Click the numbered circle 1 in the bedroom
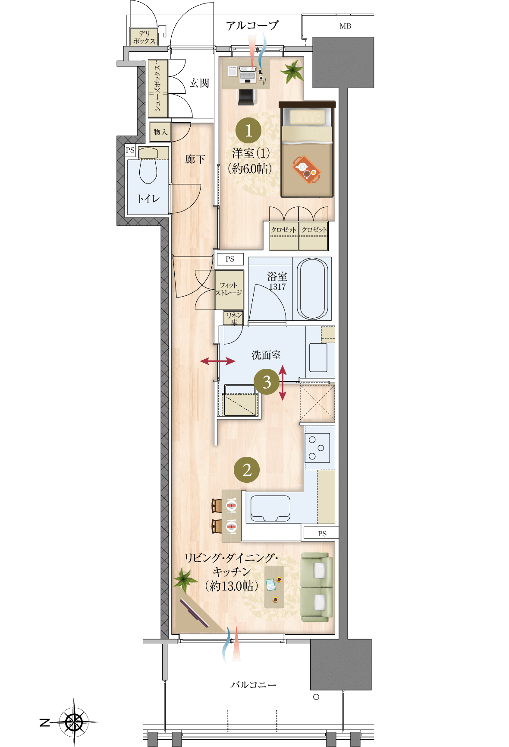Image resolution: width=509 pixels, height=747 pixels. [248, 130]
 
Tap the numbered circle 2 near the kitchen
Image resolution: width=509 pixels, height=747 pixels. [247, 470]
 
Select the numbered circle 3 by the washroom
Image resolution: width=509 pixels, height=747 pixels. [267, 382]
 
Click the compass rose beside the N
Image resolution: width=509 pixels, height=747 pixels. [74, 722]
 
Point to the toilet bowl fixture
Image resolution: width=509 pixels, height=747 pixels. [148, 166]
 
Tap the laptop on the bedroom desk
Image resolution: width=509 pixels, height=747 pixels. [248, 75]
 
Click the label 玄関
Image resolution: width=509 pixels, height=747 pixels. [199, 83]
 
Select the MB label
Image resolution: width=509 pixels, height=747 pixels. [345, 26]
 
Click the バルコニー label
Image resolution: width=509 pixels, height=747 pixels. [253, 685]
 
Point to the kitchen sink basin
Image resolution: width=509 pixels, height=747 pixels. [270, 508]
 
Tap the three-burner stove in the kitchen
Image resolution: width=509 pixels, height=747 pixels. [317, 447]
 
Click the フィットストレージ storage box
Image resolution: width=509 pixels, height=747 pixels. [229, 289]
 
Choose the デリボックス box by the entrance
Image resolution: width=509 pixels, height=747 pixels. [144, 37]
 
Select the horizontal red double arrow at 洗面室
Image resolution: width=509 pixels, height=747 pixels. [218, 361]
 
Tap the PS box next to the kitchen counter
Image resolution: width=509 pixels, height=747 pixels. [321, 533]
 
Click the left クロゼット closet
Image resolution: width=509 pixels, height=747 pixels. [284, 236]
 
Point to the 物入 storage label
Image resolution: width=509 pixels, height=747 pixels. [160, 132]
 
